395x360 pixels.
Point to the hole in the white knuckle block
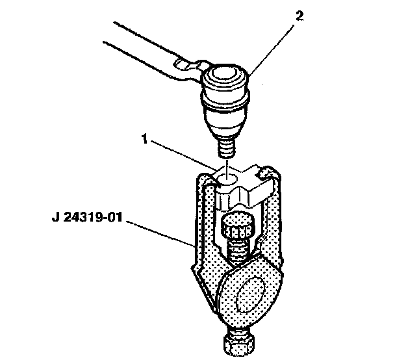(227, 179)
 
